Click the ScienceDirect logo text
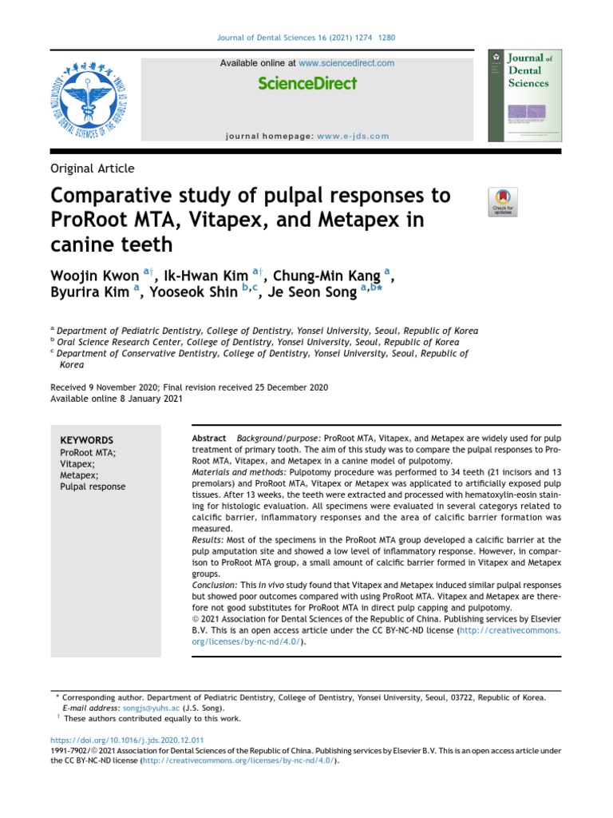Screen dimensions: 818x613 (x=307, y=84)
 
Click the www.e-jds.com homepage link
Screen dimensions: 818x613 (x=353, y=136)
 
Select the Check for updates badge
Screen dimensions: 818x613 (x=503, y=202)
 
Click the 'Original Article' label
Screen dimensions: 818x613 (x=93, y=169)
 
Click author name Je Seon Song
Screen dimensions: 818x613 (x=306, y=293)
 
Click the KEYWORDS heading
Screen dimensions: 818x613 (x=87, y=440)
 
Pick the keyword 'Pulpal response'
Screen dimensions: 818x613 (x=93, y=486)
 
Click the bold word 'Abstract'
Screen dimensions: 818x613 (x=209, y=440)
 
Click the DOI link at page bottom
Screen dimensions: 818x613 (x=127, y=741)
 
